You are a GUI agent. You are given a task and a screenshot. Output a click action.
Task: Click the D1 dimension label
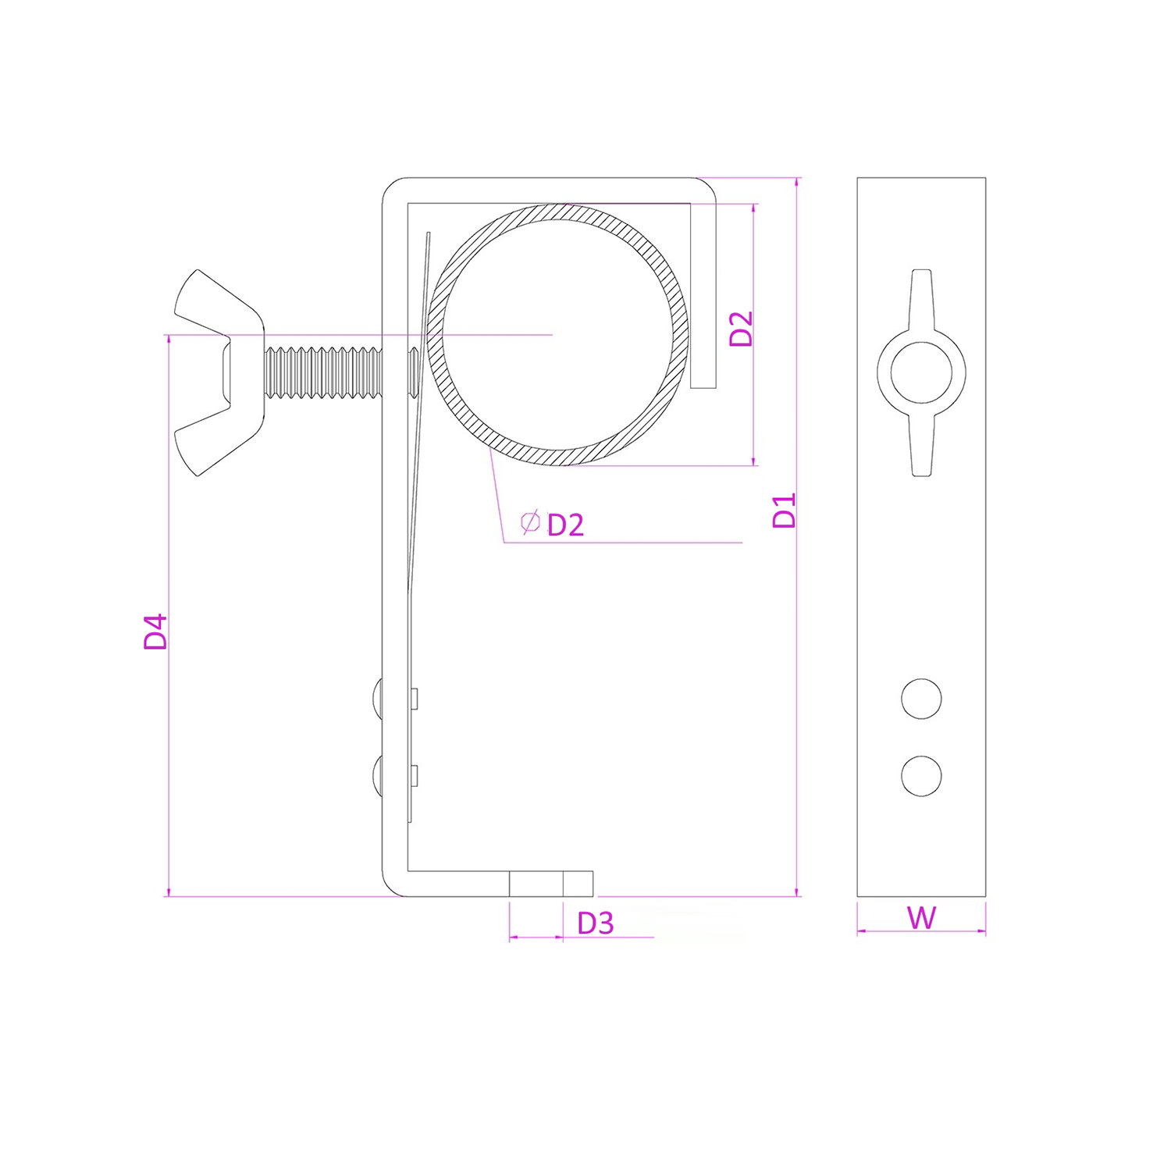pyautogui.click(x=785, y=511)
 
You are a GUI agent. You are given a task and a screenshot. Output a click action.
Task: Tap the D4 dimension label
pyautogui.click(x=156, y=632)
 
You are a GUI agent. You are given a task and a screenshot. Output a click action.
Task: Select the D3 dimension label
pyautogui.click(x=596, y=924)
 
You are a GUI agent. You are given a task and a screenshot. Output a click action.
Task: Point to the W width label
pyautogui.click(x=921, y=918)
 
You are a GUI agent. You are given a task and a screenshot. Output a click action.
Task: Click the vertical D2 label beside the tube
pyautogui.click(x=741, y=329)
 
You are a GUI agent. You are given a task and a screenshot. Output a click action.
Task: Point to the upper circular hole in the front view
pyautogui.click(x=921, y=699)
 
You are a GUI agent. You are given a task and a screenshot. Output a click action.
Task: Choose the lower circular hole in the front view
pyautogui.click(x=921, y=776)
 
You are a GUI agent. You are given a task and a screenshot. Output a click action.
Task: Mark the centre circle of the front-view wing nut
pyautogui.click(x=921, y=372)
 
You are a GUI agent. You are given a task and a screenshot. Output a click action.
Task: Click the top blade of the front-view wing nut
pyautogui.click(x=921, y=301)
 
